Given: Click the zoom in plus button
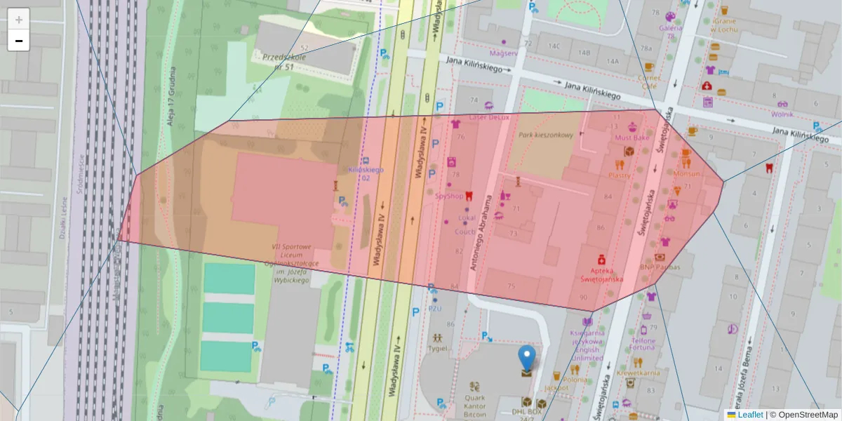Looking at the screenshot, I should pyautogui.click(x=19, y=20).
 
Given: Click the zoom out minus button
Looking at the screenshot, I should pyautogui.click(x=19, y=41).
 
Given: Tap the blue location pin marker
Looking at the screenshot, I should pyautogui.click(x=526, y=357).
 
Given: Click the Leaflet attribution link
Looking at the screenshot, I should pyautogui.click(x=750, y=415).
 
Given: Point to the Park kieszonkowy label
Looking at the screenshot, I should pyautogui.click(x=546, y=135).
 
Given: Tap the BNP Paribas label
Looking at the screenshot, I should pyautogui.click(x=660, y=267).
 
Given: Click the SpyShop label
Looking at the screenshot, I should pyautogui.click(x=449, y=196).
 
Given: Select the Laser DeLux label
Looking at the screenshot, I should pyautogui.click(x=488, y=117).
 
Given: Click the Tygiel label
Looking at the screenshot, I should pyautogui.click(x=439, y=347).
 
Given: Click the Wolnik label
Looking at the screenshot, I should pyautogui.click(x=782, y=114).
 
